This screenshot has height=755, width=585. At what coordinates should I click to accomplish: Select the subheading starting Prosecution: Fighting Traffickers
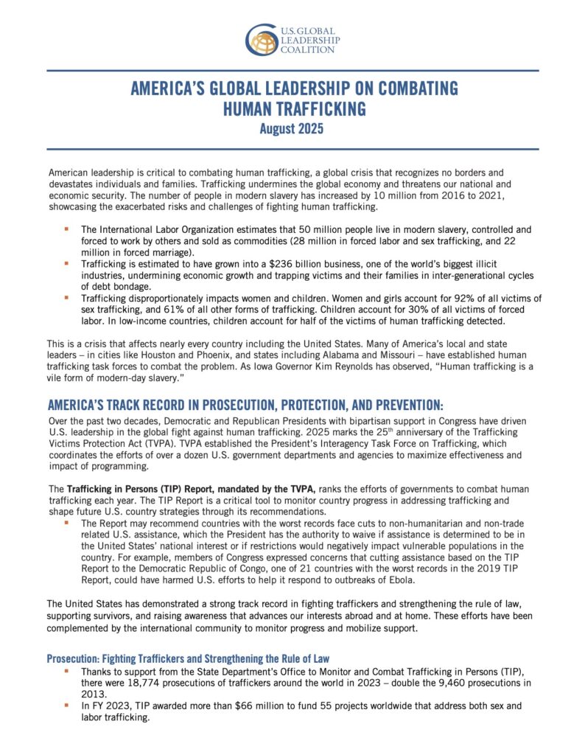(x=188, y=658)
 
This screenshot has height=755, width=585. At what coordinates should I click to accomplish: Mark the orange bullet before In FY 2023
(x=66, y=705)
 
